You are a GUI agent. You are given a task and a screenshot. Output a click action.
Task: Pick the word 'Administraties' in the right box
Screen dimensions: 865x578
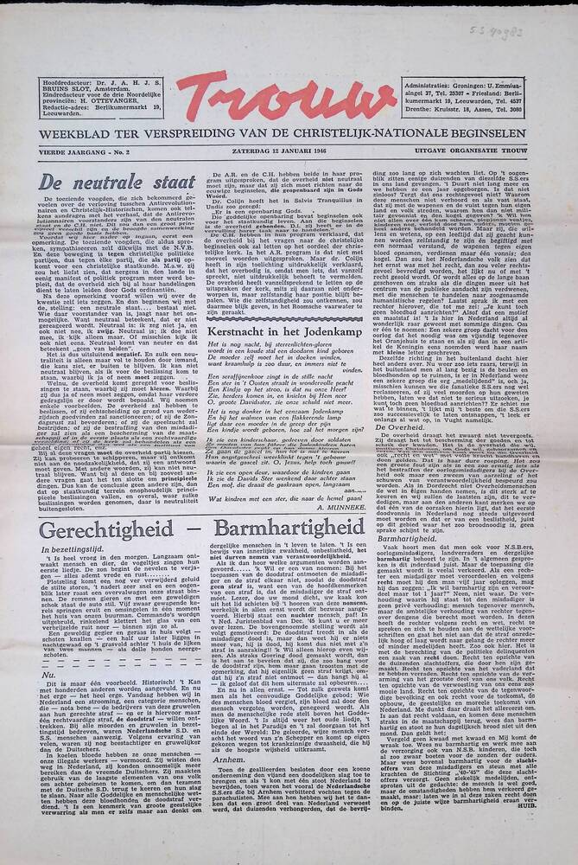[x=446, y=85]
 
